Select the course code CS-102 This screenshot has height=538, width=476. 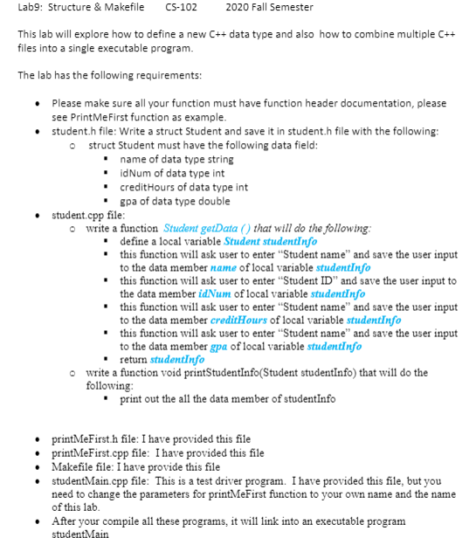click(x=181, y=9)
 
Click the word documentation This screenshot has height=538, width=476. click(x=385, y=103)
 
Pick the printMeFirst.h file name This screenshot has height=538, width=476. click(x=88, y=438)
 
